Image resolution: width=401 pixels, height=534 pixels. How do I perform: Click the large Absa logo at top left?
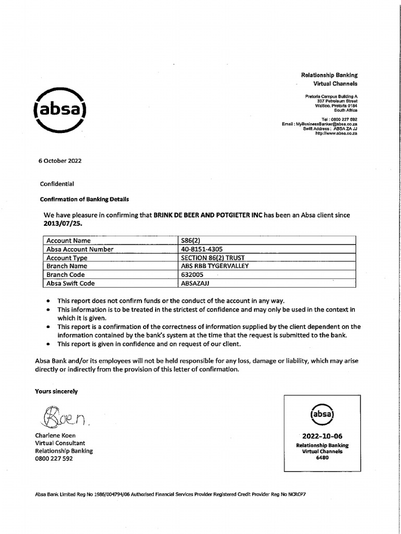coord(60,111)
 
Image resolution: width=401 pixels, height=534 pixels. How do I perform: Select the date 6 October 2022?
coord(60,161)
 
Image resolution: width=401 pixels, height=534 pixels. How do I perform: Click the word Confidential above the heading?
coord(57,184)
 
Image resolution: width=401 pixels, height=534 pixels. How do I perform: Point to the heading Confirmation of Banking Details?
coord(84,199)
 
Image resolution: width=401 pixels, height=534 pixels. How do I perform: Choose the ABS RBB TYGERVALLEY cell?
coord(215,266)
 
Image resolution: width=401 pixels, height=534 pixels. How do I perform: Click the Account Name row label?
coord(68,240)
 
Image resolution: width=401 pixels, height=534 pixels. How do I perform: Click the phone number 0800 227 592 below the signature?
coord(54,459)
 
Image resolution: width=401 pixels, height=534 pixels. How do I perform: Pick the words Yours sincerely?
coord(56,391)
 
